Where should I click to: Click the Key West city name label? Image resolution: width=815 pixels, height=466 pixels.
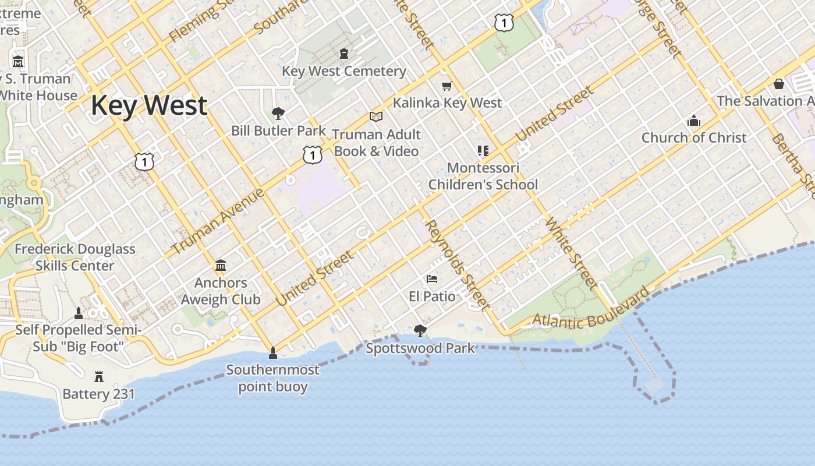pyautogui.click(x=149, y=105)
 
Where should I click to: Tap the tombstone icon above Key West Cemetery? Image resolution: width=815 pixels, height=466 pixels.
pyautogui.click(x=344, y=54)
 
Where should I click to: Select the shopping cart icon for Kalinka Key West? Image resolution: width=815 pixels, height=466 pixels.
pyautogui.click(x=447, y=86)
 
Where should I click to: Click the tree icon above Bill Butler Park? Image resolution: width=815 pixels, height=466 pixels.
pyautogui.click(x=278, y=114)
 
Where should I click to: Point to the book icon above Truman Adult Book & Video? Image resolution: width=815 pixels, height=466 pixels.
pyautogui.click(x=376, y=117)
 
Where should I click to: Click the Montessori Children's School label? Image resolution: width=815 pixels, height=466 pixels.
pyautogui.click(x=483, y=176)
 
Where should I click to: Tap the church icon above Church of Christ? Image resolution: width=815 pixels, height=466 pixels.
pyautogui.click(x=693, y=121)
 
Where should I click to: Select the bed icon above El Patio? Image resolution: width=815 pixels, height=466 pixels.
pyautogui.click(x=432, y=279)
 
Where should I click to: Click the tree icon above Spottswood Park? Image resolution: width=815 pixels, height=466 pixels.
pyautogui.click(x=420, y=331)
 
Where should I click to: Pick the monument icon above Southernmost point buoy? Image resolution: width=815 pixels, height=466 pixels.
pyautogui.click(x=272, y=352)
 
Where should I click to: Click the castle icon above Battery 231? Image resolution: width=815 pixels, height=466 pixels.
pyautogui.click(x=99, y=377)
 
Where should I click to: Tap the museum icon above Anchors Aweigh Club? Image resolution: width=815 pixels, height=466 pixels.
pyautogui.click(x=221, y=266)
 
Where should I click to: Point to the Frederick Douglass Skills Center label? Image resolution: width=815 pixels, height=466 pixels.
pyautogui.click(x=75, y=257)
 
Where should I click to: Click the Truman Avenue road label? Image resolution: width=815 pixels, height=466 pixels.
pyautogui.click(x=218, y=221)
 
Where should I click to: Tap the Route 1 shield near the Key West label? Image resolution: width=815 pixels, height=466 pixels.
pyautogui.click(x=144, y=161)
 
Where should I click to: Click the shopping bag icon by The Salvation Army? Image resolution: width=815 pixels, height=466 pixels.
pyautogui.click(x=779, y=84)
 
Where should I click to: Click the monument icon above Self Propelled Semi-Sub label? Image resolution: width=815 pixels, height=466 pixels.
pyautogui.click(x=79, y=313)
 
